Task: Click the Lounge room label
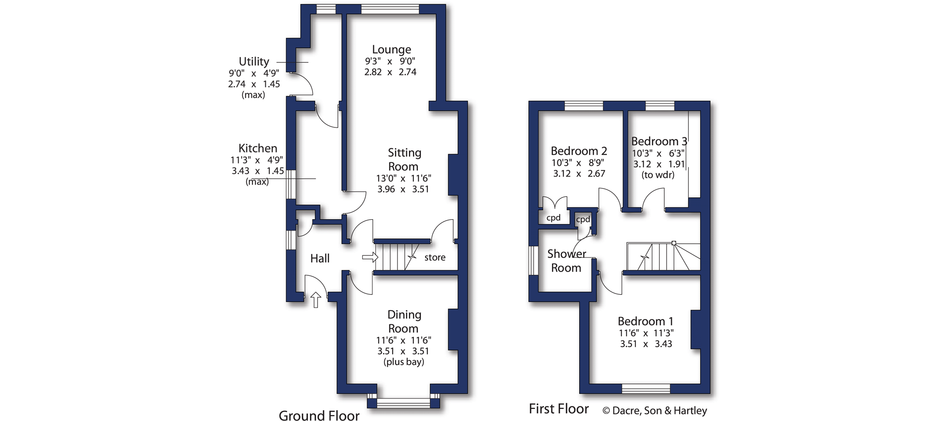[392, 49]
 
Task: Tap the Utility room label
[254, 61]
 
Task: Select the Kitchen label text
[258, 148]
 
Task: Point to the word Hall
[320, 258]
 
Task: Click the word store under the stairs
[435, 258]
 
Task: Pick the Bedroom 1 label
[645, 321]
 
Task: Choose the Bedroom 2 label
[579, 151]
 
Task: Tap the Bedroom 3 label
[659, 141]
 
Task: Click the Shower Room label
[566, 261]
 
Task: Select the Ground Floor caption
[319, 416]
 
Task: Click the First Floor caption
[559, 409]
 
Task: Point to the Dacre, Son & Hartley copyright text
[655, 410]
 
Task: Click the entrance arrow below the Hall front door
[316, 300]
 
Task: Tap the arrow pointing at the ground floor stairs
[370, 257]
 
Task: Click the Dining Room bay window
[403, 403]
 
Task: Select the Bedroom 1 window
[646, 388]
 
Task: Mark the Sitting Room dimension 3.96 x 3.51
[403, 189]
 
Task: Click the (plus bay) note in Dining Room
[404, 362]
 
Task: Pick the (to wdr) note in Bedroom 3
[658, 175]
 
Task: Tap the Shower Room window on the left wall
[533, 261]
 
